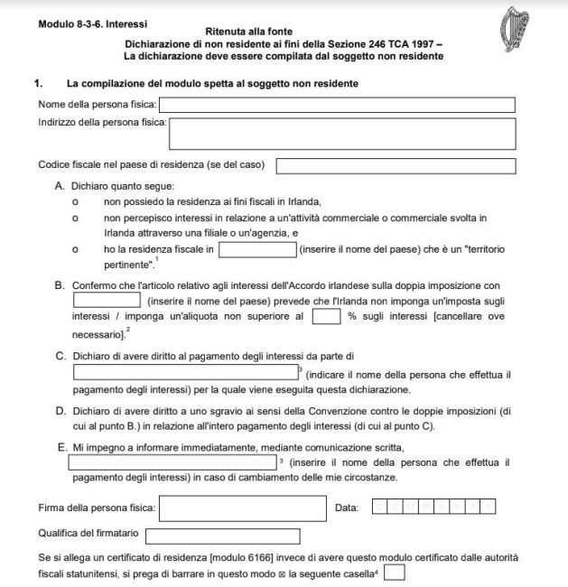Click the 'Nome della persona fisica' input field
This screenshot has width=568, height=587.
pyautogui.click(x=337, y=105)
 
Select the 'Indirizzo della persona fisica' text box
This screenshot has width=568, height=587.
pyautogui.click(x=342, y=132)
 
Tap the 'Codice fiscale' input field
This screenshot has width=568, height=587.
pyautogui.click(x=396, y=166)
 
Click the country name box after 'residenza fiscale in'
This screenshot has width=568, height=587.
pyautogui.click(x=257, y=249)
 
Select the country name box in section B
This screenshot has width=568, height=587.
pyautogui.click(x=107, y=300)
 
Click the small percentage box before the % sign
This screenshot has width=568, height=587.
pyautogui.click(x=321, y=316)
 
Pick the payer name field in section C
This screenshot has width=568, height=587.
pyautogui.click(x=184, y=372)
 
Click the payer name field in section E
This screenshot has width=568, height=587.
pyautogui.click(x=172, y=461)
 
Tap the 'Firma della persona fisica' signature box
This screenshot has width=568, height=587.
pyautogui.click(x=242, y=508)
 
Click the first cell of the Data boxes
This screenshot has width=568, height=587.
pyautogui.click(x=378, y=508)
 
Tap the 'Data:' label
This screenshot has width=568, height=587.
pyautogui.click(x=347, y=508)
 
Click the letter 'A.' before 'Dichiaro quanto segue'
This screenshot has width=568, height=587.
pyautogui.click(x=61, y=185)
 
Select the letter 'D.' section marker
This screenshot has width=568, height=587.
pyautogui.click(x=61, y=411)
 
